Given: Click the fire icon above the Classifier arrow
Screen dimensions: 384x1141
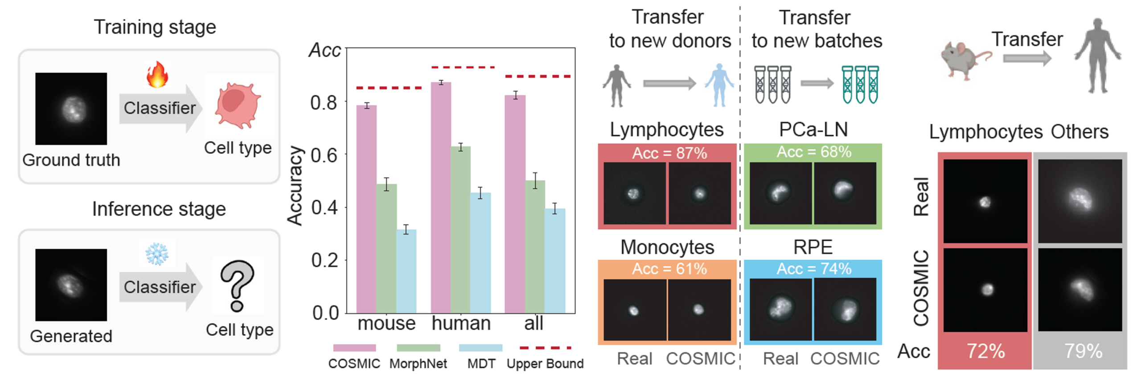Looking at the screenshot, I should pyautogui.click(x=157, y=74).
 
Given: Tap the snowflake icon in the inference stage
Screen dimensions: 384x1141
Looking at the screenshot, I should pyautogui.click(x=157, y=253).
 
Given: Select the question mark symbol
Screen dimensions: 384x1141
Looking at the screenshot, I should pyautogui.click(x=237, y=285).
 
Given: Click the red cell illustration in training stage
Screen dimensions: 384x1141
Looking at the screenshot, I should pyautogui.click(x=238, y=105).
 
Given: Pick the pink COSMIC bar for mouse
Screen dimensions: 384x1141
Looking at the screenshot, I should pyautogui.click(x=366, y=209).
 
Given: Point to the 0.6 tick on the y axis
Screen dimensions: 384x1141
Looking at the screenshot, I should pyautogui.click(x=324, y=155).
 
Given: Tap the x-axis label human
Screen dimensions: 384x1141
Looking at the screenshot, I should pyautogui.click(x=461, y=323).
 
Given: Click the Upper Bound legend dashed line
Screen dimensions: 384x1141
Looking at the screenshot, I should pyautogui.click(x=545, y=348).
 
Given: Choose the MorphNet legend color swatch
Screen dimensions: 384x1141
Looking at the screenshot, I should pyautogui.click(x=418, y=348).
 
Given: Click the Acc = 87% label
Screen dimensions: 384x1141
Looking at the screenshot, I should pyautogui.click(x=669, y=153).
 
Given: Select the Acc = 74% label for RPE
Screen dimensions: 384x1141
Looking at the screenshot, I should pyautogui.click(x=813, y=269).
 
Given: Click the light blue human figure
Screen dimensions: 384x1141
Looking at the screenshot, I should pyautogui.click(x=718, y=85).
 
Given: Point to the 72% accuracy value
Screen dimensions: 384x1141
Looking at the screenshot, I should pyautogui.click(x=985, y=351).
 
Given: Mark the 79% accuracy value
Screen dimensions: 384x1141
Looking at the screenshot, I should pyautogui.click(x=1083, y=351).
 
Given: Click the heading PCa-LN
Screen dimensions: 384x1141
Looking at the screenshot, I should pyautogui.click(x=813, y=129).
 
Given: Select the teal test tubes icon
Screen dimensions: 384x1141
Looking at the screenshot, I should pyautogui.click(x=860, y=85).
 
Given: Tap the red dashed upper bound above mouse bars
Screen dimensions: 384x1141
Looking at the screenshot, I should pyautogui.click(x=389, y=88).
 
